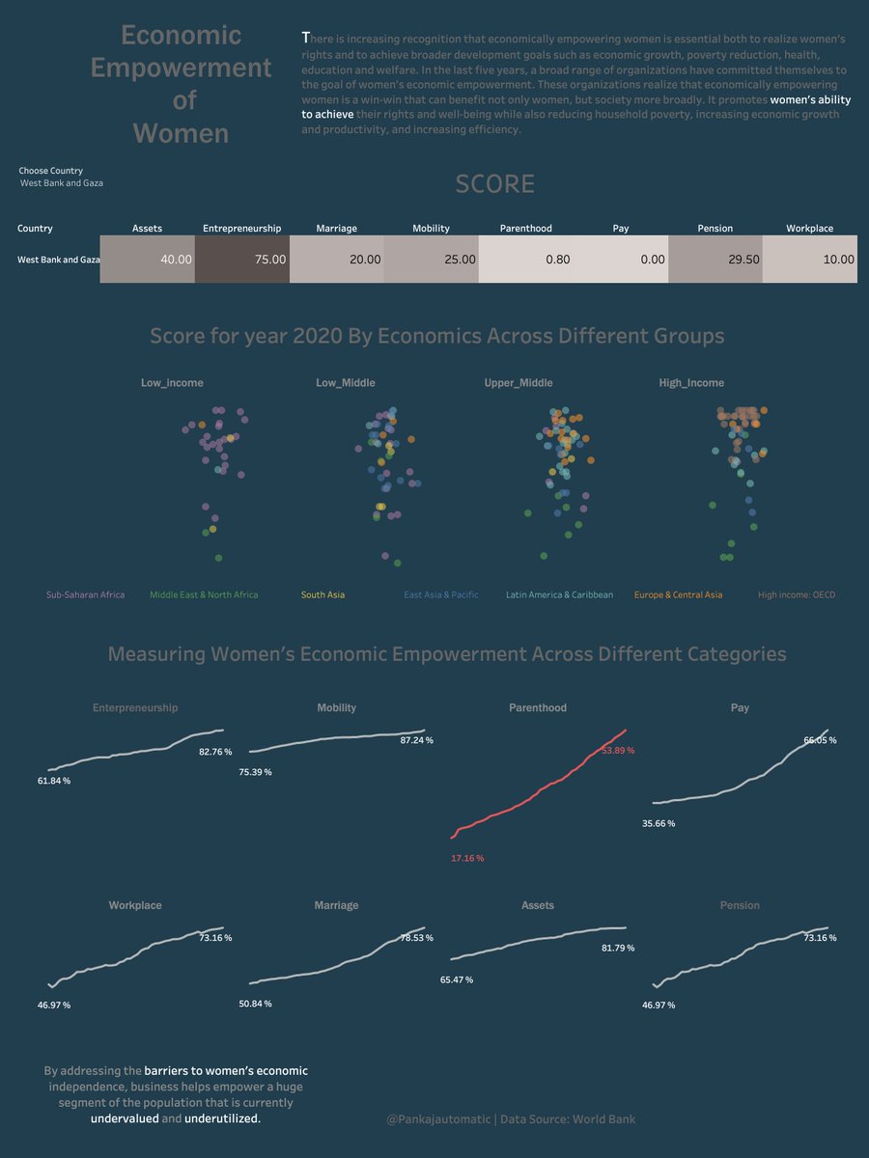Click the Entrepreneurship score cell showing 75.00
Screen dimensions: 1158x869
tap(242, 260)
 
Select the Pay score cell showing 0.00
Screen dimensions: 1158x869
tap(621, 260)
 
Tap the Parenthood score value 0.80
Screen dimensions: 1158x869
tap(526, 260)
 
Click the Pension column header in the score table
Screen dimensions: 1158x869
tap(715, 229)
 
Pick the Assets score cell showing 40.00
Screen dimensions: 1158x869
tap(148, 260)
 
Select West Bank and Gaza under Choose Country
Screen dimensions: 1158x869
tap(61, 182)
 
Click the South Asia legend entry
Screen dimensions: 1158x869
tap(322, 595)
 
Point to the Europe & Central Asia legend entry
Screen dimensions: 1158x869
tap(678, 595)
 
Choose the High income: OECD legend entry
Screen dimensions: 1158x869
tap(797, 595)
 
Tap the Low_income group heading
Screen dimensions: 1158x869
tap(172, 383)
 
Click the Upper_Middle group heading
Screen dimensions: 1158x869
tap(519, 383)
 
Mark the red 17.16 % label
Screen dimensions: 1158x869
tap(467, 858)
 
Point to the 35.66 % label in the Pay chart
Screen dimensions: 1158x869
tap(659, 823)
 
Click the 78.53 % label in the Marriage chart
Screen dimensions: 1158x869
tap(417, 938)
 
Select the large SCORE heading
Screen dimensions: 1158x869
tap(494, 184)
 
